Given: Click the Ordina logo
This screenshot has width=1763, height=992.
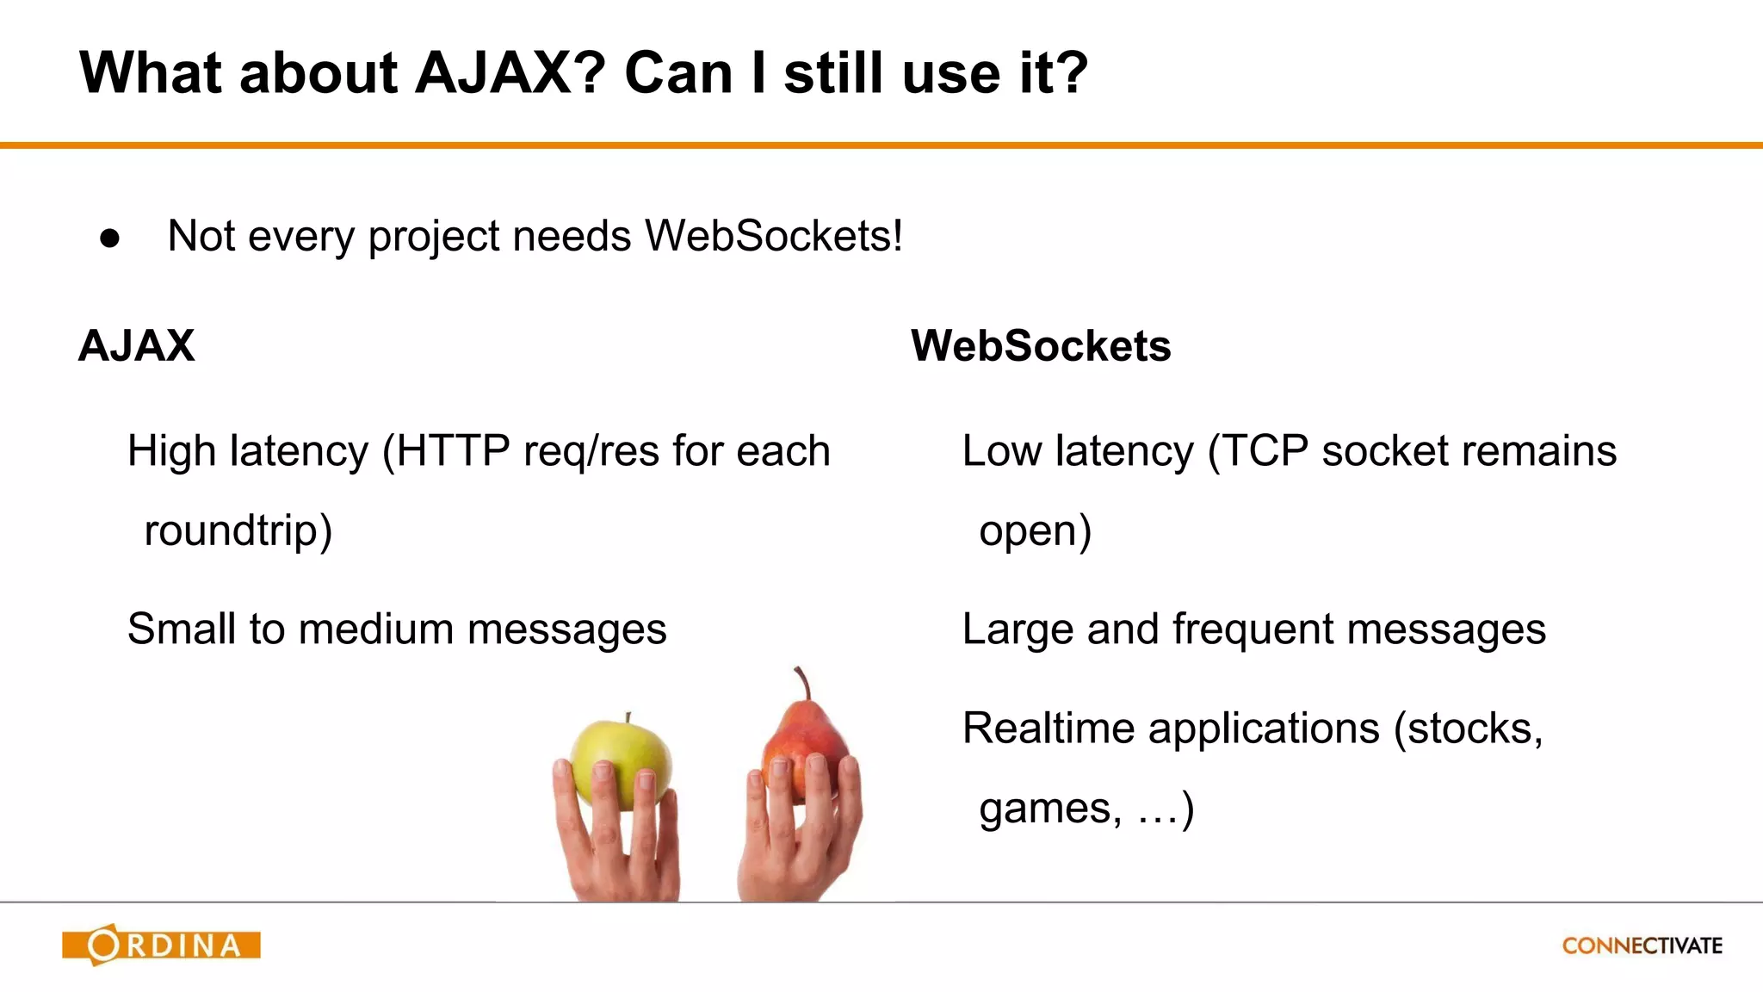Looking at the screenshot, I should (x=162, y=945).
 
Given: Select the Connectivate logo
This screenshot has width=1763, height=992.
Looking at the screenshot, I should (x=1642, y=945).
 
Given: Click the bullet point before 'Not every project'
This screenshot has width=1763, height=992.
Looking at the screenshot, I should (x=110, y=238).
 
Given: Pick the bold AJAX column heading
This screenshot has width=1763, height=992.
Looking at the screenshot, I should (x=137, y=346).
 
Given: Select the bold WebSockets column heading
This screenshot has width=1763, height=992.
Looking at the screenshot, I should (x=1041, y=346).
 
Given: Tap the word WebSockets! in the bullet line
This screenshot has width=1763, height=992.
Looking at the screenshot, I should (x=774, y=236).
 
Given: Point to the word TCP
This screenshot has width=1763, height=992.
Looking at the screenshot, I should (x=1265, y=451).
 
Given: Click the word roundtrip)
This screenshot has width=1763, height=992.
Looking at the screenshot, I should (x=238, y=530).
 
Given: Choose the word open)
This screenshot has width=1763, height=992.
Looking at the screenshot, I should (x=1036, y=530).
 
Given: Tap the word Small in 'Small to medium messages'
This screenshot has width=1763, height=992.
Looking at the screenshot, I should (x=182, y=629).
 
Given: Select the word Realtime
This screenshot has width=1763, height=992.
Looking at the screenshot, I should (x=1049, y=728).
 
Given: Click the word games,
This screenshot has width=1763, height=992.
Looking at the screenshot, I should (x=1051, y=809).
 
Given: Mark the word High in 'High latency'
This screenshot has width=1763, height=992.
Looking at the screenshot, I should (x=170, y=451).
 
